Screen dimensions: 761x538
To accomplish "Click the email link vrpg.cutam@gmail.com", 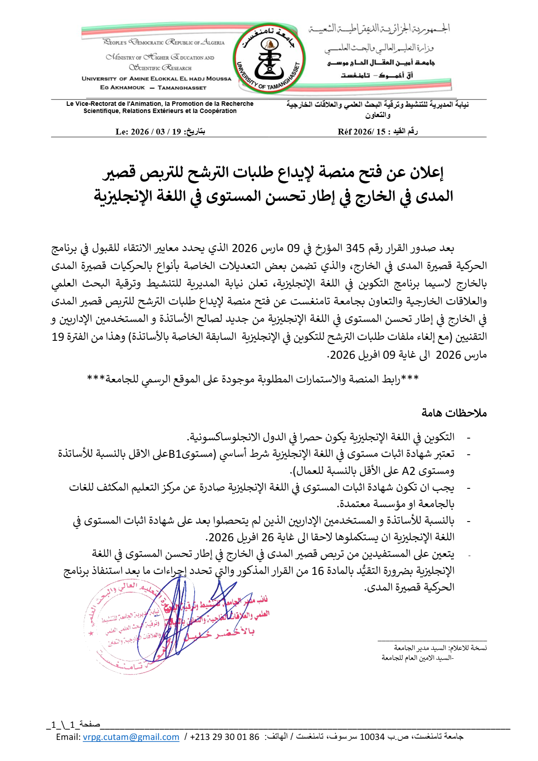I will (131, 737).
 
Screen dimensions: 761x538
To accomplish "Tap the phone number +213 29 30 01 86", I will (225, 737).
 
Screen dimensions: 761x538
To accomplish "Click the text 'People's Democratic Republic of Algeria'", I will (164, 43).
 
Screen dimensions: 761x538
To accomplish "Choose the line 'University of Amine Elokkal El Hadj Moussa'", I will (156, 78).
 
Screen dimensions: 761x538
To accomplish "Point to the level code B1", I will (175, 454).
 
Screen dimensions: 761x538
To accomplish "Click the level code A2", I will (409, 471).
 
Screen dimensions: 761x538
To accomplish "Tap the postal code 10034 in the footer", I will (372, 737).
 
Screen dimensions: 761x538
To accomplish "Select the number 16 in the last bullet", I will (317, 571).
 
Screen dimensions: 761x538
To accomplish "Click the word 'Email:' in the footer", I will (68, 737).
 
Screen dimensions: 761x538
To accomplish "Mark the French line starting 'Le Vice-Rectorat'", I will (160, 104).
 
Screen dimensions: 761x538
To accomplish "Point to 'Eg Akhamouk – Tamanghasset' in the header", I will (153, 87).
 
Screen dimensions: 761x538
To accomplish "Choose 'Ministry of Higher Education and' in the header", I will (160, 57).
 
